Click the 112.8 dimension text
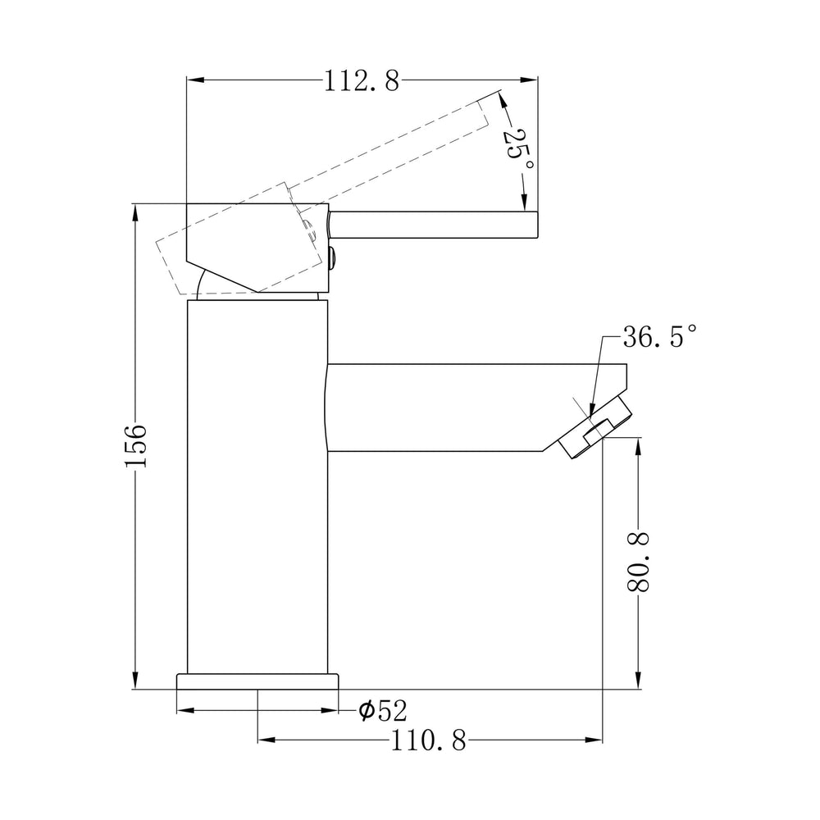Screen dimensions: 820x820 (362, 80)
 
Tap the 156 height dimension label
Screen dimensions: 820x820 (135, 446)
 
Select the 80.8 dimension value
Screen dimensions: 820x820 (638, 562)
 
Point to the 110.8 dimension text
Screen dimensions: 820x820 (428, 740)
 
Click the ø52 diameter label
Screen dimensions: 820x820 (383, 710)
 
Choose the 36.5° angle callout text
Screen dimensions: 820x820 (660, 336)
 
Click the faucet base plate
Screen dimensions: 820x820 (257, 681)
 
